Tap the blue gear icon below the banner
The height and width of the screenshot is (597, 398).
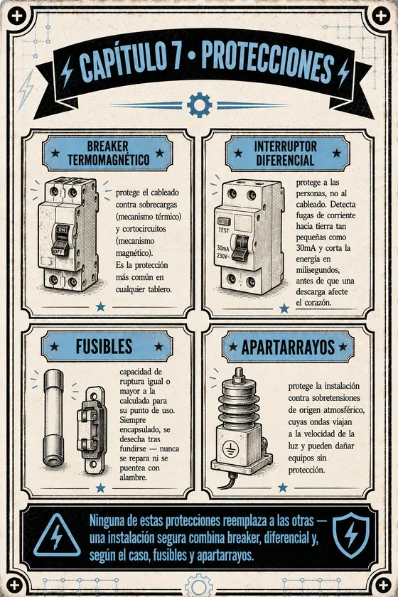point(200,104)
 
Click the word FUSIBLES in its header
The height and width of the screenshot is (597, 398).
point(104,347)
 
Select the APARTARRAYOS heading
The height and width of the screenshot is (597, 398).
point(288,347)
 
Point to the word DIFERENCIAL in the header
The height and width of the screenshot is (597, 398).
point(285,161)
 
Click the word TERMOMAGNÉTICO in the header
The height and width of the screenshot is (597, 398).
point(109,160)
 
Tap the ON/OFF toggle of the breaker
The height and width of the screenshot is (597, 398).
point(61,240)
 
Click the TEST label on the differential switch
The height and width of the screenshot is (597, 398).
point(224,230)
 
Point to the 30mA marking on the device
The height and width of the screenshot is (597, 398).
point(223,248)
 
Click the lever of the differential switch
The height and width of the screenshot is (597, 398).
point(241,248)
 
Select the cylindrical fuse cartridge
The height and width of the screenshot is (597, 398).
point(54,418)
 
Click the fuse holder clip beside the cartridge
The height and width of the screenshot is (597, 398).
point(92,430)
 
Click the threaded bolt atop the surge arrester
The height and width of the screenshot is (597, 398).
point(239,376)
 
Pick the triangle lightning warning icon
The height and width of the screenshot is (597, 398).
point(57,536)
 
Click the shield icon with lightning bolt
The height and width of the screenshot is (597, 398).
point(351,534)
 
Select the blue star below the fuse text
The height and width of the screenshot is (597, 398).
point(100,488)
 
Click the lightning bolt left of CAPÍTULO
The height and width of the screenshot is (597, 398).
point(67,71)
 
